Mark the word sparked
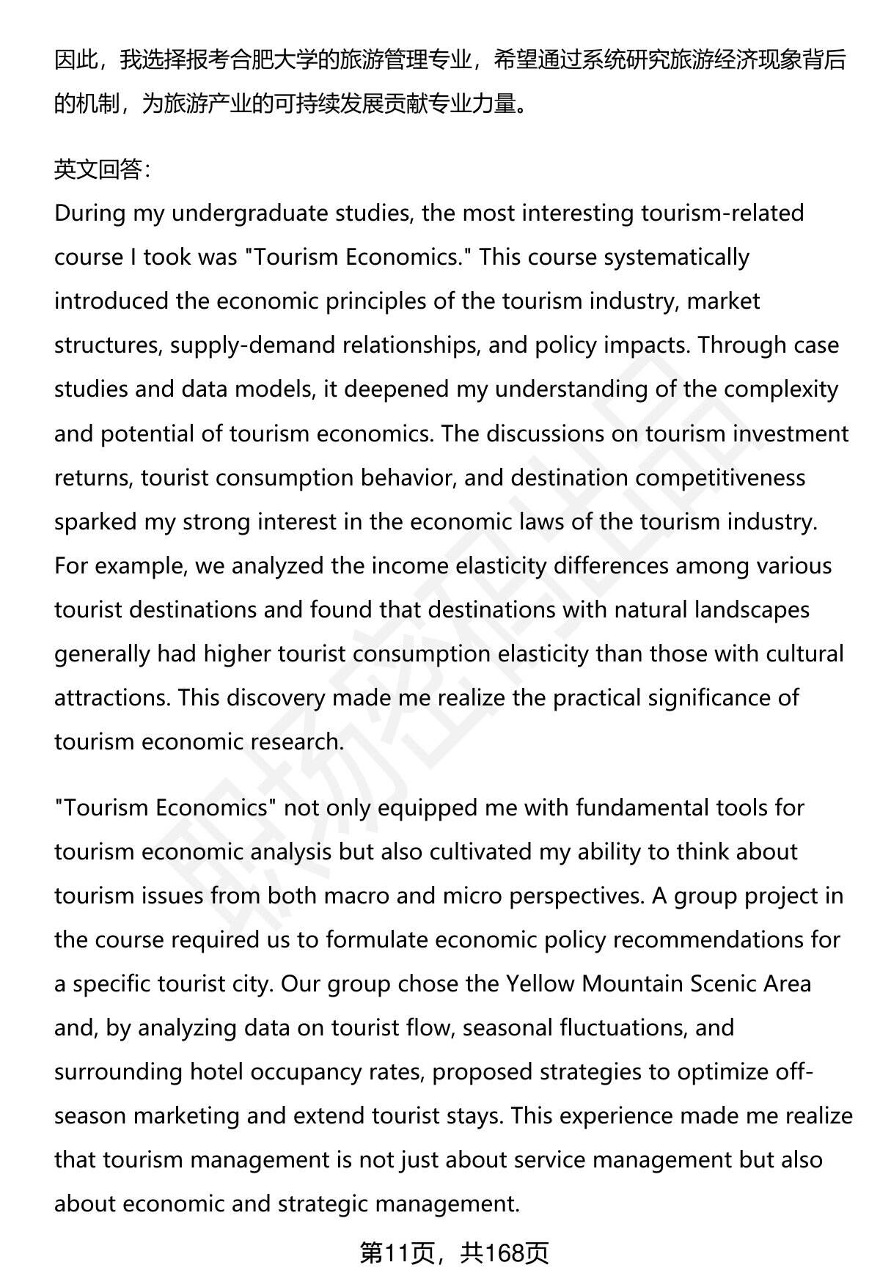[x=95, y=521]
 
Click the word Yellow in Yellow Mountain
[x=540, y=983]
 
